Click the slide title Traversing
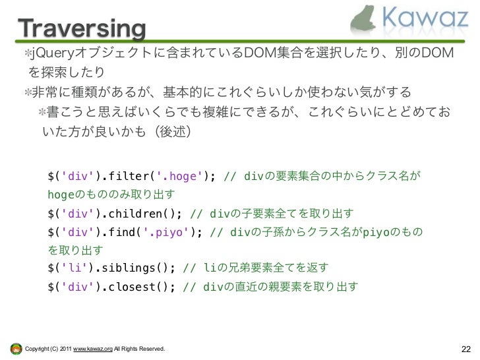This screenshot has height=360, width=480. [80, 29]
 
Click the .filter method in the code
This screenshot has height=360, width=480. [128, 177]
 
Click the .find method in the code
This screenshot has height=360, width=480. [121, 233]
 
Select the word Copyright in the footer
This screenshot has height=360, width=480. [36, 348]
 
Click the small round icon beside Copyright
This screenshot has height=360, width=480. [15, 348]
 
